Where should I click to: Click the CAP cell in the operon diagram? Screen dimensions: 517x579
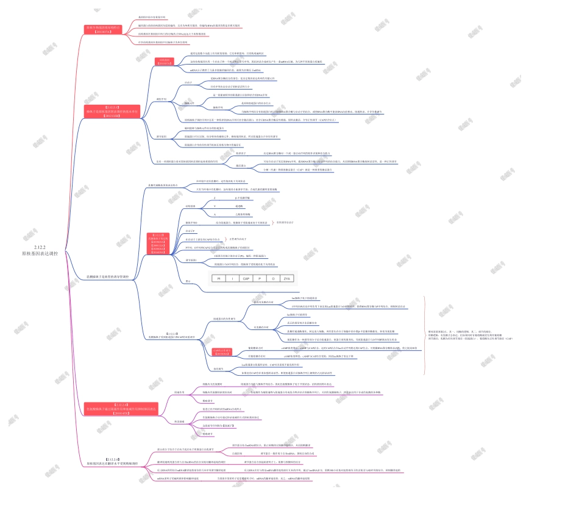(246, 278)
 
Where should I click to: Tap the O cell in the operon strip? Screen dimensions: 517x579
(273, 278)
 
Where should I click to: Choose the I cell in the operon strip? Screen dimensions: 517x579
(232, 278)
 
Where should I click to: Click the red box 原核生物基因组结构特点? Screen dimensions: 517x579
(103, 29)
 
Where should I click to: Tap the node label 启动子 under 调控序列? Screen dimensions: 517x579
(188, 82)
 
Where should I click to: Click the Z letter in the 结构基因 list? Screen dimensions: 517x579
(214, 199)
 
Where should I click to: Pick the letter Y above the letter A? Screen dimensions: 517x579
(214, 206)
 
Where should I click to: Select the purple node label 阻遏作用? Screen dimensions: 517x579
(179, 393)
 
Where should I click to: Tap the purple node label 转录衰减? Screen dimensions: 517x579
(179, 421)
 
